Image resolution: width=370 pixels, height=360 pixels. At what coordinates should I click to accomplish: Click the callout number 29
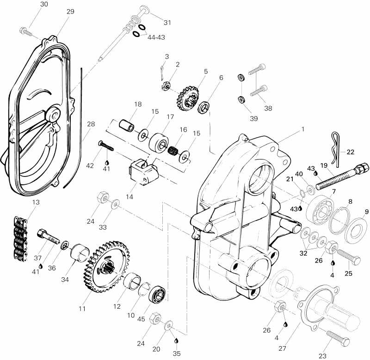(x=70, y=12)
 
